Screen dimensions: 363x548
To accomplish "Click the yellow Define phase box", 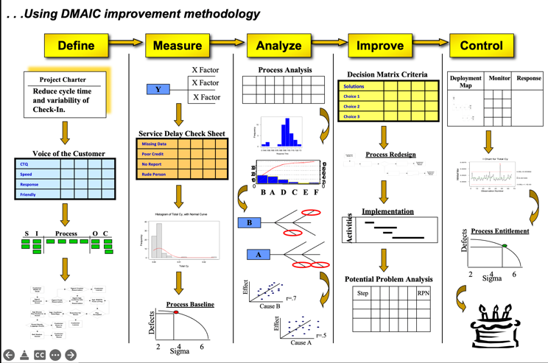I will point(77,46).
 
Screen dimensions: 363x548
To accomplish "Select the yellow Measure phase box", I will point(178,46).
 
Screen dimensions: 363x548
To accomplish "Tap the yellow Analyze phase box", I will point(278,46).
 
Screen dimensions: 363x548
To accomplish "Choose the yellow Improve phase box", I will point(379,46).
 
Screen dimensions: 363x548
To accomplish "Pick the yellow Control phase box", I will point(481,46).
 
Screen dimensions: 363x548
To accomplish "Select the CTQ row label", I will point(25,164).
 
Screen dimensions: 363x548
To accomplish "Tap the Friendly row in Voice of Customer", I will point(29,194).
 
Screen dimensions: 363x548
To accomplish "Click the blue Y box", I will point(158,89).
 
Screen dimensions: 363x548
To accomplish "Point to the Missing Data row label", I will point(155,144).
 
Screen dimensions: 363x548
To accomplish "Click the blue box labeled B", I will point(249,222).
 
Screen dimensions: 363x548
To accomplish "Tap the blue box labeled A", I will point(259,255).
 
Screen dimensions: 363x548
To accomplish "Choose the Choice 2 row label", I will point(352,106).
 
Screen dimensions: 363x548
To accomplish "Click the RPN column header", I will point(423,293).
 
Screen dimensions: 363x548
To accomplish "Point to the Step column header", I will point(362,293).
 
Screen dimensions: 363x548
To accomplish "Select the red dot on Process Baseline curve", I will point(176,312).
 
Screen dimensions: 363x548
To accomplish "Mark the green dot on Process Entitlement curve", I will point(504,246).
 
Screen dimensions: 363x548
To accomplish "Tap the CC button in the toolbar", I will point(40,354).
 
